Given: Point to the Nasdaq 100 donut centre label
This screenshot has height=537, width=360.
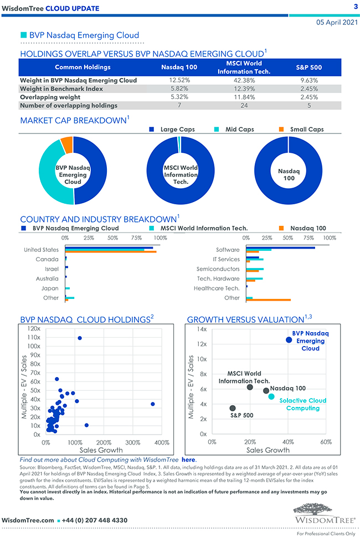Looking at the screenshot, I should click(288, 175).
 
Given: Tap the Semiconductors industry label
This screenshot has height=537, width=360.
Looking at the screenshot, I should click(218, 268).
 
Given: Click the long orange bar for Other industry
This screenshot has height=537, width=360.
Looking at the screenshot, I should click(269, 300).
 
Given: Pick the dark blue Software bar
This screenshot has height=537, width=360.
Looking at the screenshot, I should click(280, 247).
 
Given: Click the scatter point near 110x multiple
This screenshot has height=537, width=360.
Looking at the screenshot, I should click(80, 338).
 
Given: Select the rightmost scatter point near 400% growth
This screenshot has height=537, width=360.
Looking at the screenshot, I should click(153, 404).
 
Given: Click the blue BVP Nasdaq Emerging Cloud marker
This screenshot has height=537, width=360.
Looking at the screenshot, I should click(289, 340).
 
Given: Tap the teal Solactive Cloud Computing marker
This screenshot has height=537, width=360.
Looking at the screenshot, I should click(271, 396).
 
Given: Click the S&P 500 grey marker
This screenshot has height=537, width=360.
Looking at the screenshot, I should click(233, 409).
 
